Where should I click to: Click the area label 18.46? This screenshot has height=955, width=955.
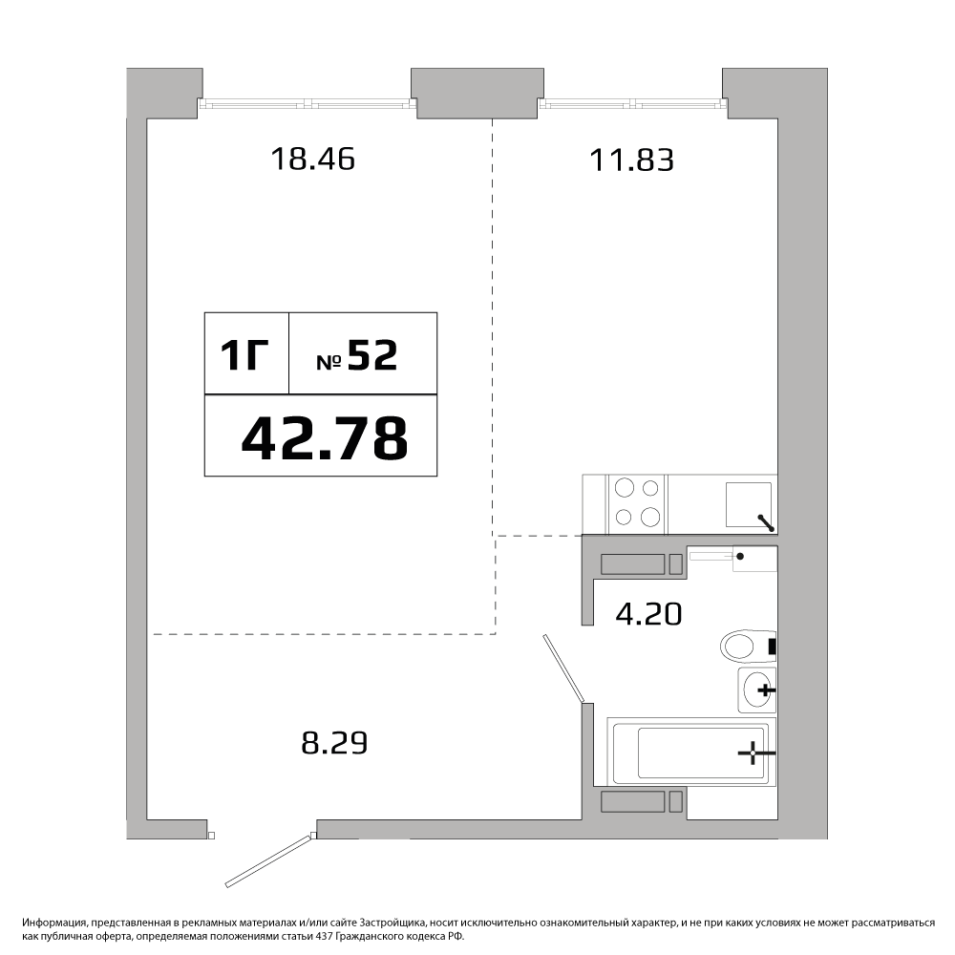[x=312, y=159]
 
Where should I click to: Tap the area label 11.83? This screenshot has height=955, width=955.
[x=631, y=160]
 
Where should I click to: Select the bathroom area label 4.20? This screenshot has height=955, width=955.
[x=648, y=614]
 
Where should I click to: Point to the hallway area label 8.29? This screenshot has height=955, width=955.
[x=334, y=743]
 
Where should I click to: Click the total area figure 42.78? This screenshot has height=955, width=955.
[x=325, y=437]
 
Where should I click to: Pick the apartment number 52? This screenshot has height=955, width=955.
[x=372, y=355]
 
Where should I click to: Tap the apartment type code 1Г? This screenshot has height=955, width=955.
[x=244, y=355]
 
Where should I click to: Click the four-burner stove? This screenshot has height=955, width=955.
[x=638, y=503]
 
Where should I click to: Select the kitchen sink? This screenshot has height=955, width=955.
[x=749, y=505]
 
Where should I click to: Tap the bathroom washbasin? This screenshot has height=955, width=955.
[x=757, y=690]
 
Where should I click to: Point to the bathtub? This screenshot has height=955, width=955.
[x=691, y=753]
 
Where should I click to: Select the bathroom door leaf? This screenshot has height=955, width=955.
[x=564, y=668]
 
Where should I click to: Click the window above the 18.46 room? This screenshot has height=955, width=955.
[x=308, y=104]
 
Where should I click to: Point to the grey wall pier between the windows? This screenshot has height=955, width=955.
[x=477, y=94]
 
